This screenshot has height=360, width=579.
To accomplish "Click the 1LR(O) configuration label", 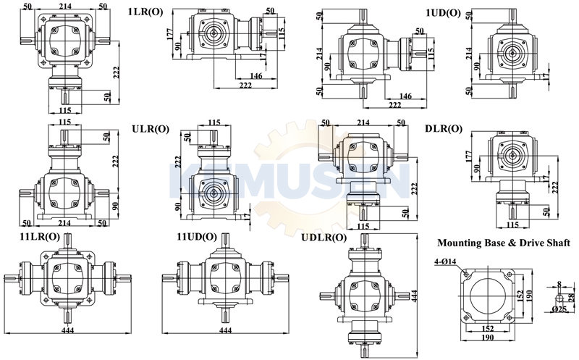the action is coord(145,12).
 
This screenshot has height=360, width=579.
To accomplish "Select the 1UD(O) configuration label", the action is coord(443,13).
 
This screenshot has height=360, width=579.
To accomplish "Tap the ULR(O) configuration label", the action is coord(151,129).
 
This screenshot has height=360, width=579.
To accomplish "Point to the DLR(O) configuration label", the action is coord(444,129).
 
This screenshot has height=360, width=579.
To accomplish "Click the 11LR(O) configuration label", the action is coord(40,237).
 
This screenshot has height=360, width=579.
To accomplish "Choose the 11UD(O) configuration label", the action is coord(197,237).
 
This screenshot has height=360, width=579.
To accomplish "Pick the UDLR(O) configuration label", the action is coord(324,238).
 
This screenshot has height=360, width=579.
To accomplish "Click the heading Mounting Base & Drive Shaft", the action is coord(504,243).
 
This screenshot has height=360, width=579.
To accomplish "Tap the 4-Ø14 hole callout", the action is coord(445,261).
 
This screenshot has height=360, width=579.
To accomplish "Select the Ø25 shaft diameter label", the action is coord(559,309).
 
